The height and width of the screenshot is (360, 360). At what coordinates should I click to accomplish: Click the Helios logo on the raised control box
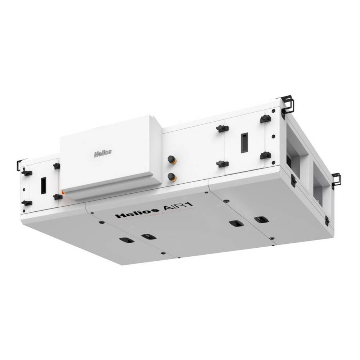103,153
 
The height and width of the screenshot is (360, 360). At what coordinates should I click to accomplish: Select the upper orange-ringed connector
171,159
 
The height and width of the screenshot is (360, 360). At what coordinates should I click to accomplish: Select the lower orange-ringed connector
172,176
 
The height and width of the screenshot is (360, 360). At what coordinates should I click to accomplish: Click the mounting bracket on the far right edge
336,180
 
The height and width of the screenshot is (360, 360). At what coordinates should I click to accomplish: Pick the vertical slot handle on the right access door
244,143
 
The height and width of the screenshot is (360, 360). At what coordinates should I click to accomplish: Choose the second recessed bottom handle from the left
148,236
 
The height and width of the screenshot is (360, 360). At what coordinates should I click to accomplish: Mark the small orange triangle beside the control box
63,193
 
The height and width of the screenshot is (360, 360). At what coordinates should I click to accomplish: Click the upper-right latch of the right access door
266,119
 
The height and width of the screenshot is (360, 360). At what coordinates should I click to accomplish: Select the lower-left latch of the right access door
222,164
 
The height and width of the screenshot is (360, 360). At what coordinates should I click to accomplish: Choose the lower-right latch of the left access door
57,197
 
